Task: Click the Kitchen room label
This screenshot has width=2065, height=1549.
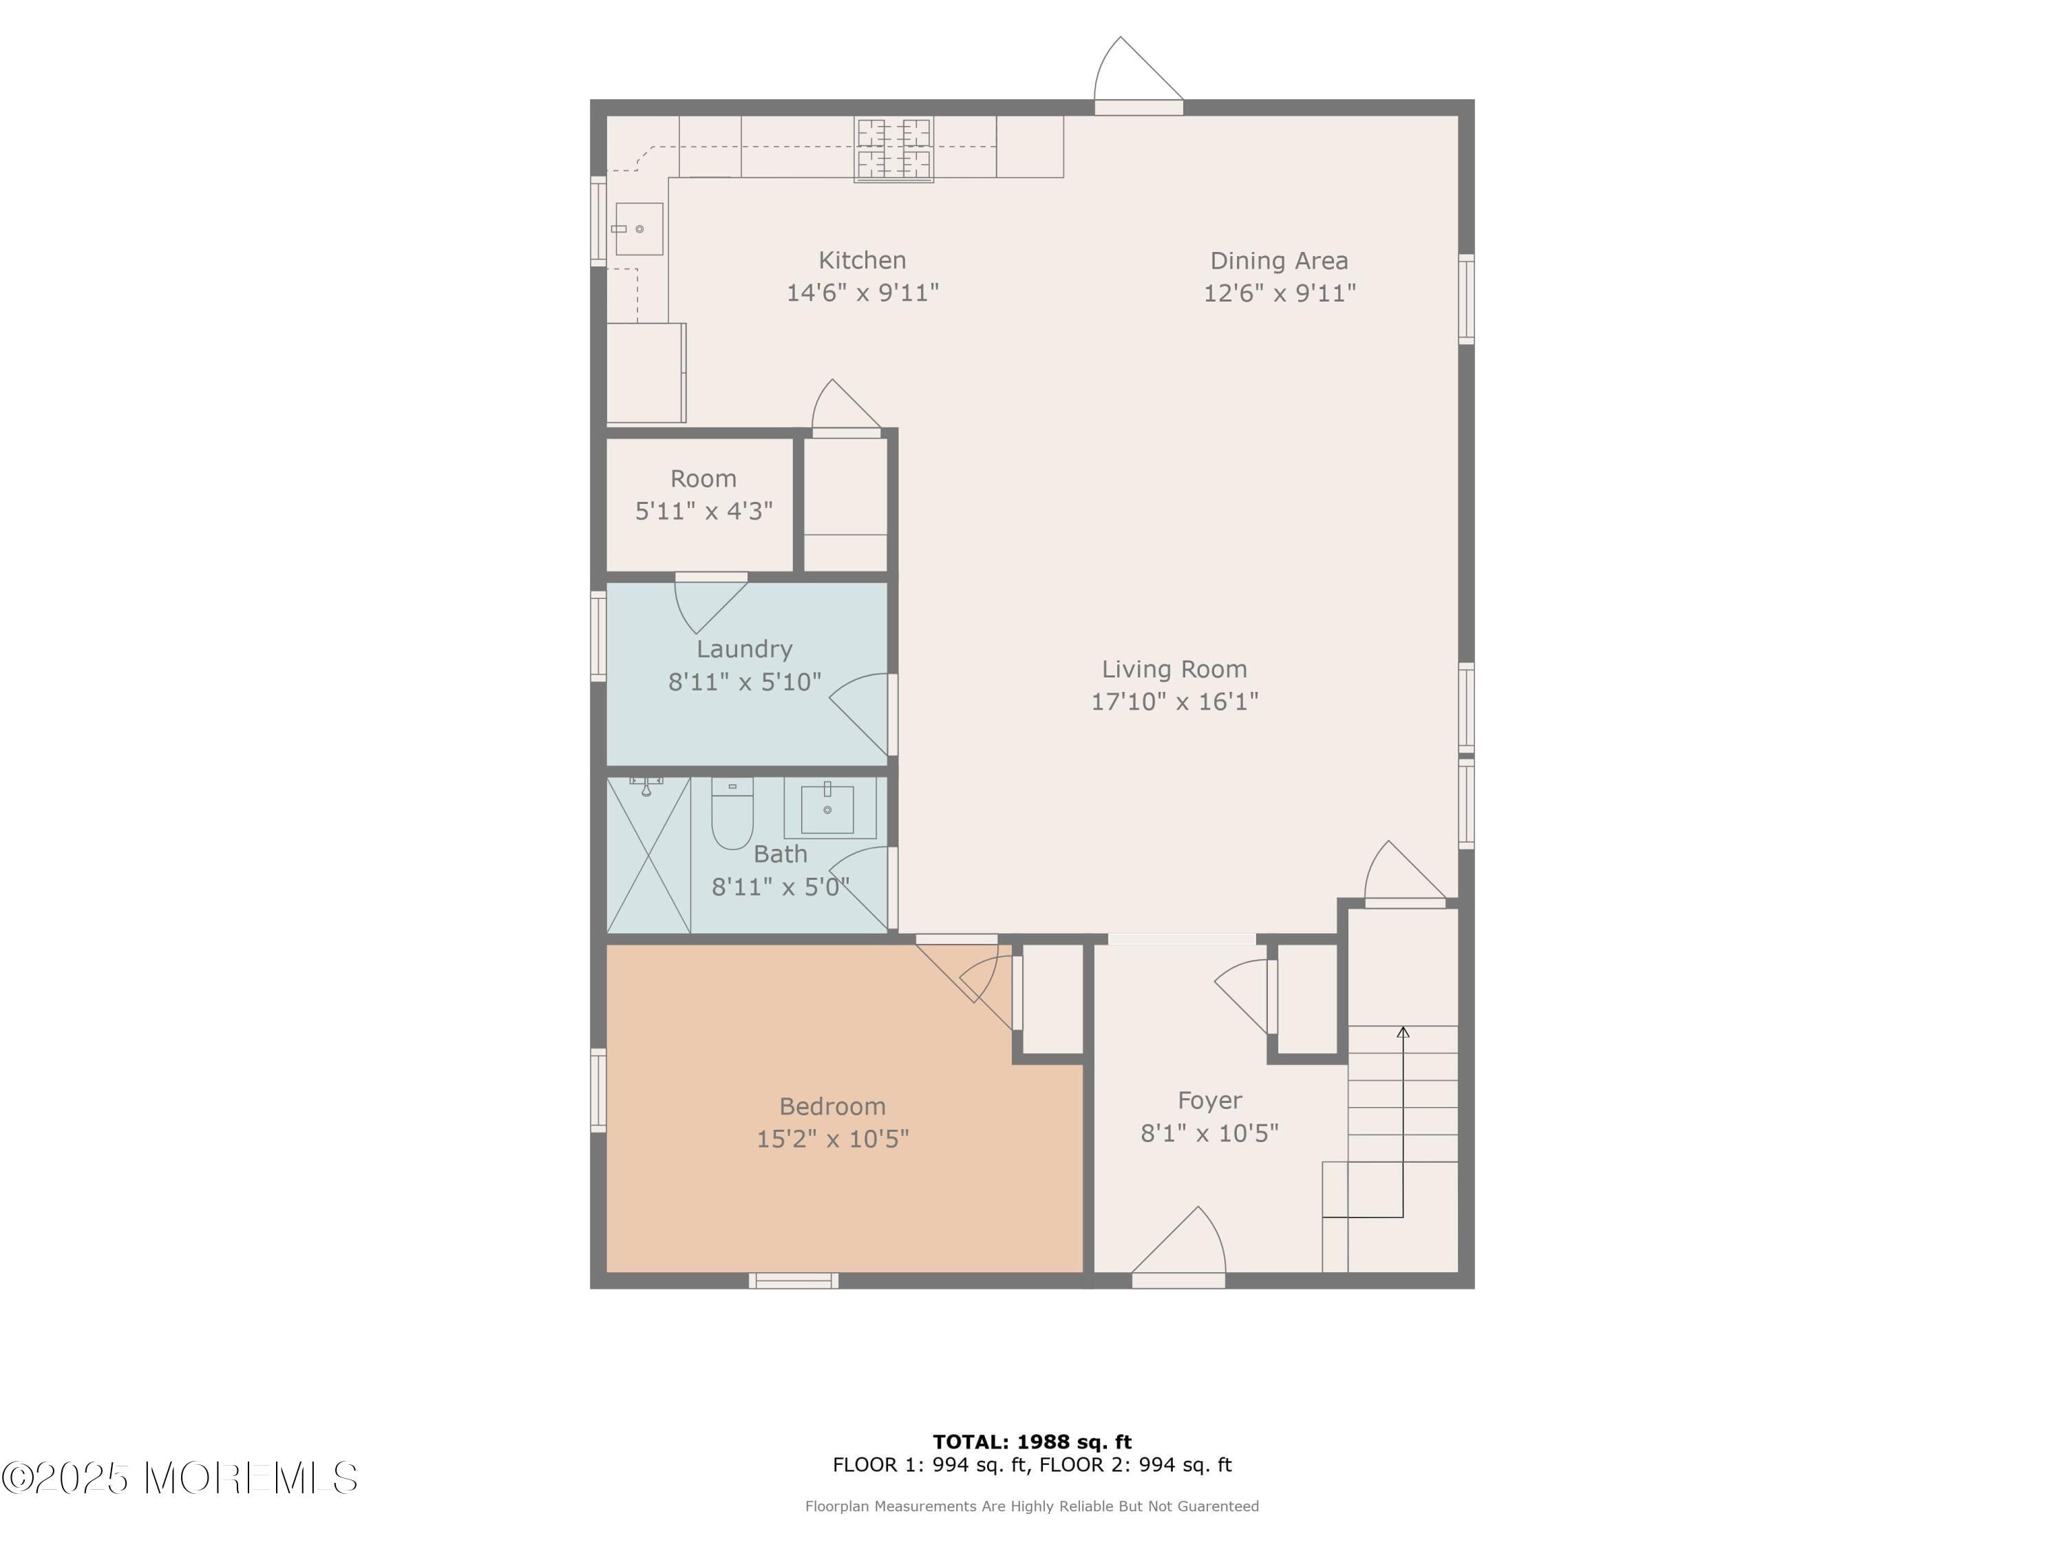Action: tap(862, 260)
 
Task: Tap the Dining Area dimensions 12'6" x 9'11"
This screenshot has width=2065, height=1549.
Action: tap(1279, 293)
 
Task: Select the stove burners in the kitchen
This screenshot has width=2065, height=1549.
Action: tap(893, 149)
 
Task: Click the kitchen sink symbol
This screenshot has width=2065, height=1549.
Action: tap(639, 229)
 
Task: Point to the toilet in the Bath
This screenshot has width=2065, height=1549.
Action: tap(732, 813)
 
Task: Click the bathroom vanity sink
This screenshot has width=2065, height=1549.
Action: tap(828, 810)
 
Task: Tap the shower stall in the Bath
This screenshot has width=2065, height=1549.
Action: tap(648, 854)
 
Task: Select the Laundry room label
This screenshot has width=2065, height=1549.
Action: tap(744, 649)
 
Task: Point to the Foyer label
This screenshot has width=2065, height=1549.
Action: tap(1209, 1101)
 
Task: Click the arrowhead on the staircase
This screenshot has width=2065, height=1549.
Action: tap(1402, 1032)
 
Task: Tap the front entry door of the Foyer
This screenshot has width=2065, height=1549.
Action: tap(1178, 1279)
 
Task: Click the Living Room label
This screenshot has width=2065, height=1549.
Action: tap(1174, 669)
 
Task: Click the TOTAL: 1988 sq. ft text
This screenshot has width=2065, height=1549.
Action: tap(1032, 1442)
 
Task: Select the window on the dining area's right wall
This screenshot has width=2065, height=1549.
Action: tap(1465, 299)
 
